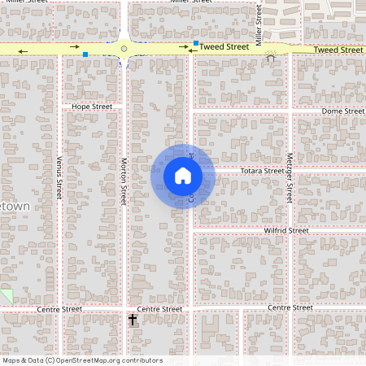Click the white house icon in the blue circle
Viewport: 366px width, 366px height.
[183, 176]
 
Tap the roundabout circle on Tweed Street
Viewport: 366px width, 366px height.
[124, 49]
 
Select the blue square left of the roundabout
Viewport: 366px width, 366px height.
[85, 54]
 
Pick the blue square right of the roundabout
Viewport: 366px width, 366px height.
[196, 42]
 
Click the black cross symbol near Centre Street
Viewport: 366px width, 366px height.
[133, 320]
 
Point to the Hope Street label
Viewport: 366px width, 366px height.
[92, 107]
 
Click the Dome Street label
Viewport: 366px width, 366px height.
[342, 111]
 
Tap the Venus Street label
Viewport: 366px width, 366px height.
[59, 178]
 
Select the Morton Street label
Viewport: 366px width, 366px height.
[124, 181]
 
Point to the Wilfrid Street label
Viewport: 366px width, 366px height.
[286, 231]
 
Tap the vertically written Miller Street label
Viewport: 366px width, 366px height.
[259, 24]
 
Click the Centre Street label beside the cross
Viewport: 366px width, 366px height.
[159, 309]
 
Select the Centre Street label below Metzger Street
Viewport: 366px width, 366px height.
[290, 307]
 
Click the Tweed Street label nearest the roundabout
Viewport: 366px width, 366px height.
[224, 48]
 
